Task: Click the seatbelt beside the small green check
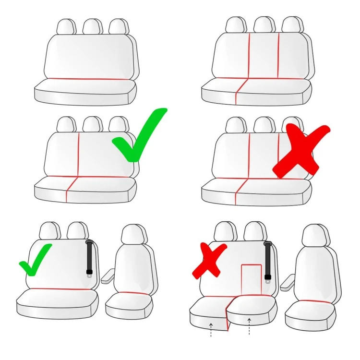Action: [x=90, y=258]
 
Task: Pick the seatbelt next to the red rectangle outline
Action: [x=268, y=262]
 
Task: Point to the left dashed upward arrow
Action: [x=211, y=330]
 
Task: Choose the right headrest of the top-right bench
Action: [x=291, y=24]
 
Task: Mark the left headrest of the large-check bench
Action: [x=66, y=124]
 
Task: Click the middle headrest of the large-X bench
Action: [x=263, y=124]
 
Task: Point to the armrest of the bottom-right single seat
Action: [x=287, y=281]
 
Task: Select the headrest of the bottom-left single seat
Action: [x=133, y=235]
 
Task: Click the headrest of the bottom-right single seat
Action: [x=315, y=235]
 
